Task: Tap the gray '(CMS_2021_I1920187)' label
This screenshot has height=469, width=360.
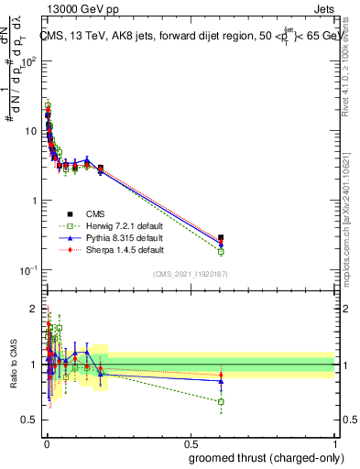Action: pyautogui.click(x=191, y=274)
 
